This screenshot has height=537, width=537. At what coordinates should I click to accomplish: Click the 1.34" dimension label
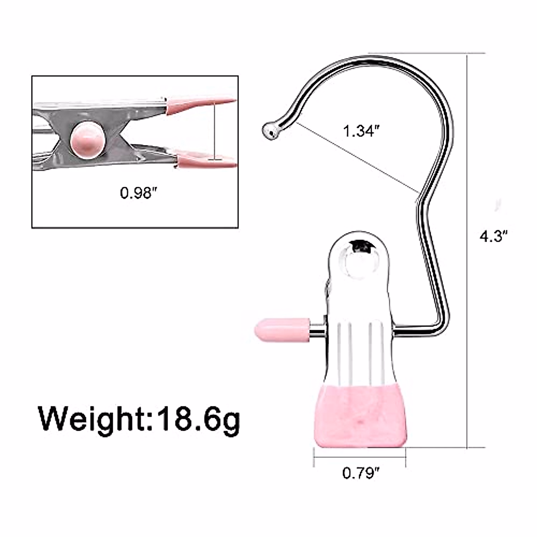361,132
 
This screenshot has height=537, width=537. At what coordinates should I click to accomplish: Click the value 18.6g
197,419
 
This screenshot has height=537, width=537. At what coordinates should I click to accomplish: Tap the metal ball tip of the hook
270,130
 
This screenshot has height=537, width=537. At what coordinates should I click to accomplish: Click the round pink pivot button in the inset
88,139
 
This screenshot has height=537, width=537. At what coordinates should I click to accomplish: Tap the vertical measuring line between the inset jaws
215,130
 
